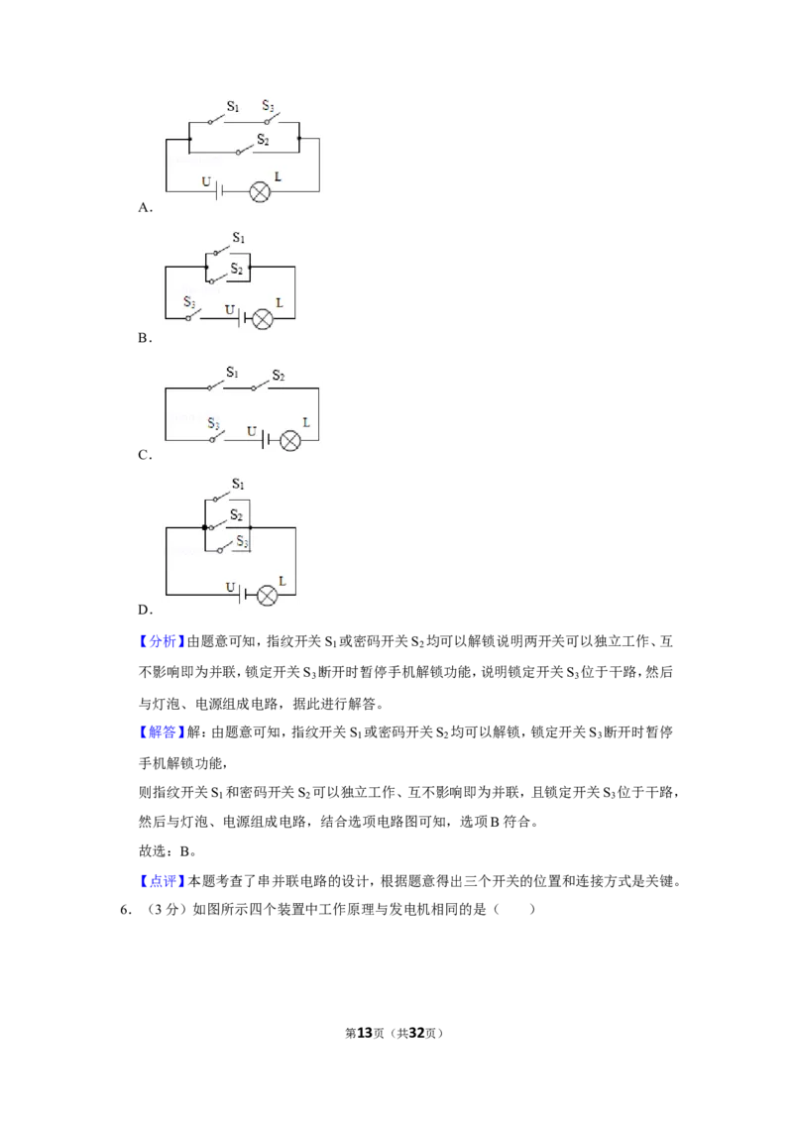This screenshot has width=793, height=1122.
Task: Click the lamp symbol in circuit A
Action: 259,191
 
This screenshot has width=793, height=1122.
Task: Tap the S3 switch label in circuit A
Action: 268,106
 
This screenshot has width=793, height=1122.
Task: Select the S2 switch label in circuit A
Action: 263,139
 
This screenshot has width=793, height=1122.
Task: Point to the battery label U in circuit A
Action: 206,181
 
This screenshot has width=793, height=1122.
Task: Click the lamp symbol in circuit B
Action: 263,318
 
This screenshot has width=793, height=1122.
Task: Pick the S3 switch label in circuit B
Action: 189,302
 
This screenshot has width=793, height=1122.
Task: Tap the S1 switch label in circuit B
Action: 238,238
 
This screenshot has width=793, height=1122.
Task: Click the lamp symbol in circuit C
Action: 289,440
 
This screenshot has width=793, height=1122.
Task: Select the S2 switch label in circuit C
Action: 279,376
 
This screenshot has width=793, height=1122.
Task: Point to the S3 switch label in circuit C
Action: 213,423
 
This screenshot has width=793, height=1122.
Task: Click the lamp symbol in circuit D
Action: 267,596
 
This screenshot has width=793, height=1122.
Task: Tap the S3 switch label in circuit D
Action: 243,542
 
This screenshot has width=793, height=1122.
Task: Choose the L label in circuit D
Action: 283,581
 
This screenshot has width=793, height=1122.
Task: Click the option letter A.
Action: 146,207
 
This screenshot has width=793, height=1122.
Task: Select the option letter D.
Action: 146,610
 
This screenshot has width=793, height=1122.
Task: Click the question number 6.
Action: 126,910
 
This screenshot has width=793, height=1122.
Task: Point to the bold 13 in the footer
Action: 365,1033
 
